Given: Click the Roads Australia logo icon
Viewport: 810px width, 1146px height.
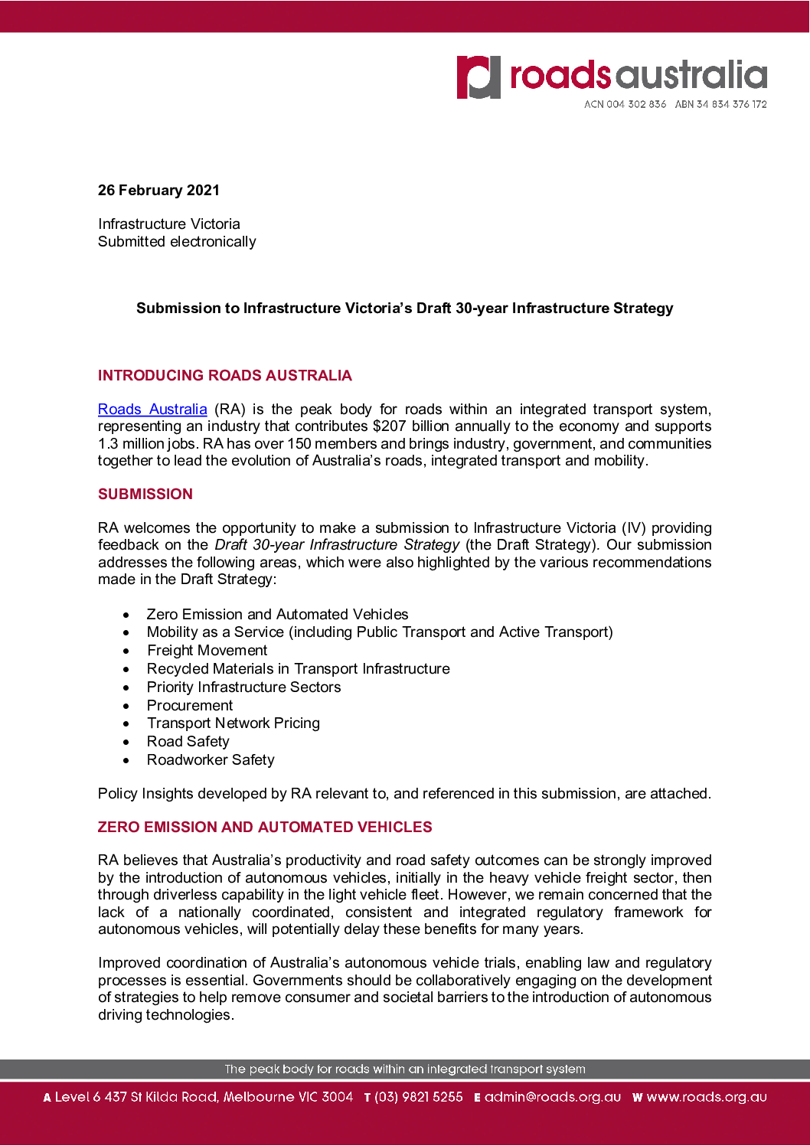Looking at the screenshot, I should click(x=478, y=77).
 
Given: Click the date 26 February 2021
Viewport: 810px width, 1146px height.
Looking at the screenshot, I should click(x=158, y=191).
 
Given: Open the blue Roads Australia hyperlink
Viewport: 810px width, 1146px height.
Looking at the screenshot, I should click(x=152, y=410).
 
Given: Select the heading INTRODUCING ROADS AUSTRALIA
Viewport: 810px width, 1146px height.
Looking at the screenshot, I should click(x=224, y=376).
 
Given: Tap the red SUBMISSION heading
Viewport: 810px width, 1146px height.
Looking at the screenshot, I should click(x=145, y=495).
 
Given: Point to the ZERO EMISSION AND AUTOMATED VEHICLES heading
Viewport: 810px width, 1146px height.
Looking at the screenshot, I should click(x=265, y=828).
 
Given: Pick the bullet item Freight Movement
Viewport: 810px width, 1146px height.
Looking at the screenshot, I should click(x=207, y=651).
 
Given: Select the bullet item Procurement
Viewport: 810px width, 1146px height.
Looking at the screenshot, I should click(x=190, y=706).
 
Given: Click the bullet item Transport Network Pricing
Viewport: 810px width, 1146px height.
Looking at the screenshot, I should click(x=234, y=723).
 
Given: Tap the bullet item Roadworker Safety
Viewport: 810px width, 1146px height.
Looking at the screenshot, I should click(x=211, y=760).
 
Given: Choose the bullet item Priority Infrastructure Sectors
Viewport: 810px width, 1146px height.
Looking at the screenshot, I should click(x=243, y=687).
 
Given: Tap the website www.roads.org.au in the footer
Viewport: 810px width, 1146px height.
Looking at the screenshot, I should click(x=706, y=1097).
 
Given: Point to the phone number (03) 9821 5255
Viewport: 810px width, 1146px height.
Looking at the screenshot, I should click(x=418, y=1097).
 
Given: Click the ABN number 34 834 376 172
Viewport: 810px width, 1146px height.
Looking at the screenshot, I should click(x=731, y=104).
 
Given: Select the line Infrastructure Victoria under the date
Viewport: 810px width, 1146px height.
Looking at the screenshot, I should click(x=169, y=224).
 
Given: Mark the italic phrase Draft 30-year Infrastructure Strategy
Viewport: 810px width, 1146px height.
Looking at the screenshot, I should click(x=337, y=545).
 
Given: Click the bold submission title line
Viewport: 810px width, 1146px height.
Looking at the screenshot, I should click(x=404, y=309).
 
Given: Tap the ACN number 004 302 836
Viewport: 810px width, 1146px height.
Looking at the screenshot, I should click(x=635, y=104).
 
